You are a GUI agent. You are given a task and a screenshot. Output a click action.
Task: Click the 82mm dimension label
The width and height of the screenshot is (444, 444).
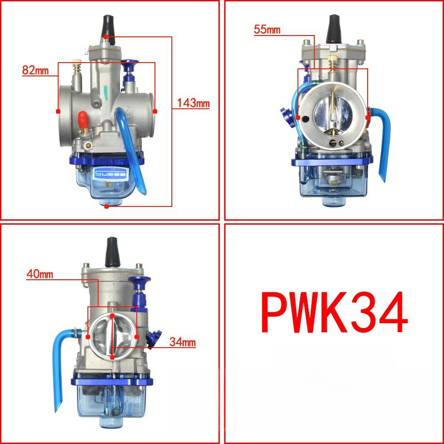click(x=34, y=70)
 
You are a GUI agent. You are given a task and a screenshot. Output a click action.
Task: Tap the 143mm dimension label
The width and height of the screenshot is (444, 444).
click(x=193, y=103)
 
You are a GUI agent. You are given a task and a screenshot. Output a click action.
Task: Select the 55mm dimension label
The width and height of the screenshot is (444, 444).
click(x=267, y=30)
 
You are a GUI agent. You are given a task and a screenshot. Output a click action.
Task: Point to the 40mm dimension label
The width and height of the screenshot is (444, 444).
click(x=40, y=274)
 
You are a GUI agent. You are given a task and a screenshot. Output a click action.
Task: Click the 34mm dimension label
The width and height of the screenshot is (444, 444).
click(x=182, y=342)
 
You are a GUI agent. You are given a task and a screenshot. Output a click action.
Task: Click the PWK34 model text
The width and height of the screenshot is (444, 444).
click(x=334, y=313)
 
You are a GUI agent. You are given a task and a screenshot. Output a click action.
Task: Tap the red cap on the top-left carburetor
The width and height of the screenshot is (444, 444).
click(x=82, y=119)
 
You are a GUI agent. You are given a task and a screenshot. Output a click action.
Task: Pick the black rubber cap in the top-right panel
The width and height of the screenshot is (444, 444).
click(x=333, y=28)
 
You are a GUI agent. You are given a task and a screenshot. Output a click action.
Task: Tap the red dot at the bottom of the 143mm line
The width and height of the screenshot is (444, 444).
click(x=106, y=206)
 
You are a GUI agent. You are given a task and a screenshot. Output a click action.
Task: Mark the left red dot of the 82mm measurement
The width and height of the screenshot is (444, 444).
click(x=58, y=111)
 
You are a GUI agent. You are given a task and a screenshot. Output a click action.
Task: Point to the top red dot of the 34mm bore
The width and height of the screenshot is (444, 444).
click(x=112, y=316)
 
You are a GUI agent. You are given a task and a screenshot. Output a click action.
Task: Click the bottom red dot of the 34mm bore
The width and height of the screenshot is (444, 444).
click(x=112, y=357)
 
